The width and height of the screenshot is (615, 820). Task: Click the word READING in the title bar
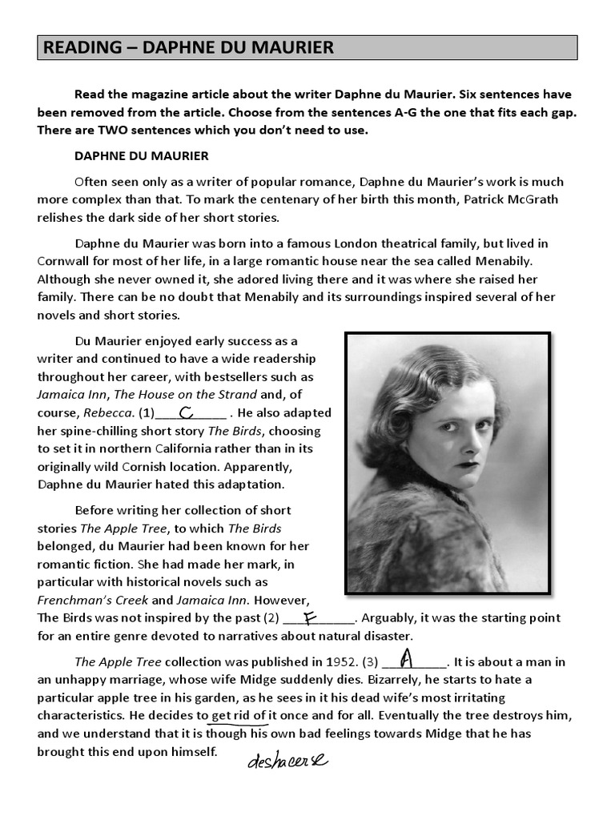[78, 48]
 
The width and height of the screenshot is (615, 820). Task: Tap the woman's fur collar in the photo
[416, 537]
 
